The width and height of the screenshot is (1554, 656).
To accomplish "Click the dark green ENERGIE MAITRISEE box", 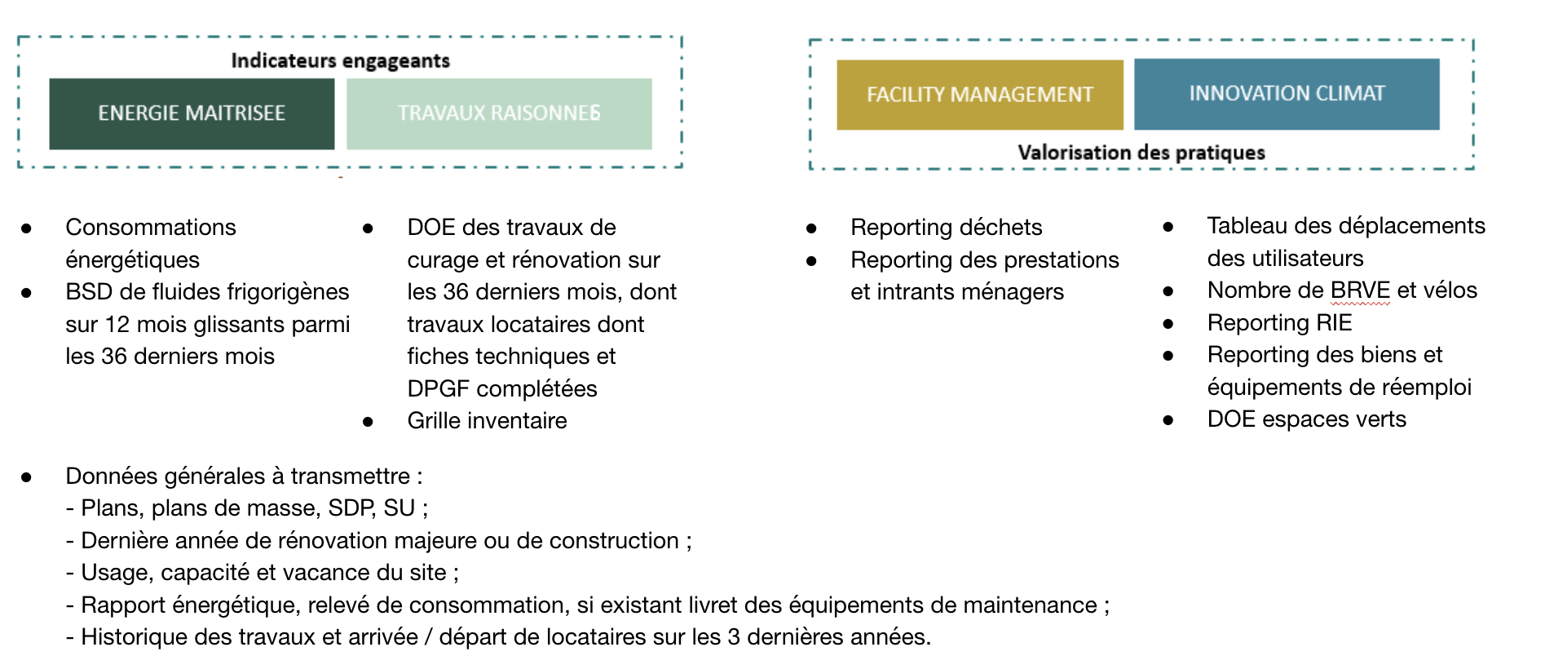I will [x=192, y=113].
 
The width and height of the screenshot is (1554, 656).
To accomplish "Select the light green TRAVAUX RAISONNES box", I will [x=499, y=113].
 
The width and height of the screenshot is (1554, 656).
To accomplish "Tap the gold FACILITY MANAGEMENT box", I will [x=979, y=95].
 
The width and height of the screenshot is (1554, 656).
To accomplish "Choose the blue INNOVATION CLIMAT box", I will [x=1287, y=94].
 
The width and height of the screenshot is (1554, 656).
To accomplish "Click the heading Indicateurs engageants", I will [x=340, y=60].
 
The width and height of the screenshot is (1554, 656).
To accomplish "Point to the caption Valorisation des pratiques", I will [x=1141, y=153].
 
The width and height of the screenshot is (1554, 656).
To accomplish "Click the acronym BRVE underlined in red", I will [x=1360, y=290].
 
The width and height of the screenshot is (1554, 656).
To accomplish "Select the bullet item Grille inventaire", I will [x=487, y=421].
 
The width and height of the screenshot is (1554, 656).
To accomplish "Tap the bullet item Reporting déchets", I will [x=946, y=227].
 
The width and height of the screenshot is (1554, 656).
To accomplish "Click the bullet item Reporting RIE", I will [x=1279, y=323].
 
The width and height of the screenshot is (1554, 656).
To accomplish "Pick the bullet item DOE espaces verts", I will [x=1306, y=419].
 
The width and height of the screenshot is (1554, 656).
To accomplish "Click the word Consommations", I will [x=151, y=227].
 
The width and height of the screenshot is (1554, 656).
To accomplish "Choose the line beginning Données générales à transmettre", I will [x=243, y=476].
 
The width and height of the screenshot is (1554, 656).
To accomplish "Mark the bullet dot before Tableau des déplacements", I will [x=1168, y=227].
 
